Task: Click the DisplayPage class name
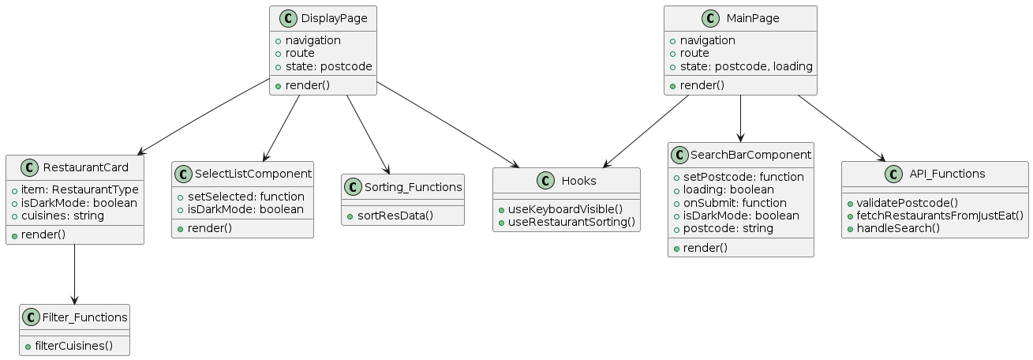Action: point(334,19)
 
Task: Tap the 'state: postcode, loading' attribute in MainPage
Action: point(746,66)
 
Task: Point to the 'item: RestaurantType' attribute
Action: point(80,189)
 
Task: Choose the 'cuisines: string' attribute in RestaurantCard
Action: point(67,215)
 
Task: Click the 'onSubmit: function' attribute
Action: point(724,202)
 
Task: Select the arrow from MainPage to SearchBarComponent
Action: point(740,118)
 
